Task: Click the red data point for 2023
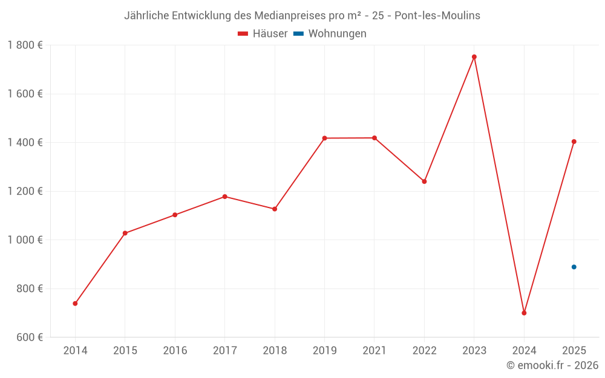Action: click(x=474, y=57)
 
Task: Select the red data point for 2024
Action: click(x=524, y=313)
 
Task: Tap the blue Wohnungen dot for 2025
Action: click(x=574, y=267)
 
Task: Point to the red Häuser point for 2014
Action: click(x=75, y=304)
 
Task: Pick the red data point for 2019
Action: click(x=324, y=138)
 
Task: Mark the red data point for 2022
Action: click(x=425, y=181)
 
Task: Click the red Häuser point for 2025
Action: click(x=574, y=142)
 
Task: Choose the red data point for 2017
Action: click(x=225, y=197)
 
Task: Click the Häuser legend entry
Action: click(x=263, y=33)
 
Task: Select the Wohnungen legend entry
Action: click(x=330, y=33)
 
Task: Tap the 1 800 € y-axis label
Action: click(x=25, y=45)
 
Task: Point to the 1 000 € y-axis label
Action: click(x=25, y=240)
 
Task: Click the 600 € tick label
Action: click(x=30, y=337)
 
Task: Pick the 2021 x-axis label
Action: click(x=374, y=350)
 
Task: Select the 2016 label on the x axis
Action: click(x=175, y=350)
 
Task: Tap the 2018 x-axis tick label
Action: click(x=275, y=350)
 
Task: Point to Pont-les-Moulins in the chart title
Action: click(x=437, y=16)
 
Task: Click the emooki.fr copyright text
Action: click(x=552, y=365)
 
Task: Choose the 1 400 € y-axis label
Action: click(x=25, y=143)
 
